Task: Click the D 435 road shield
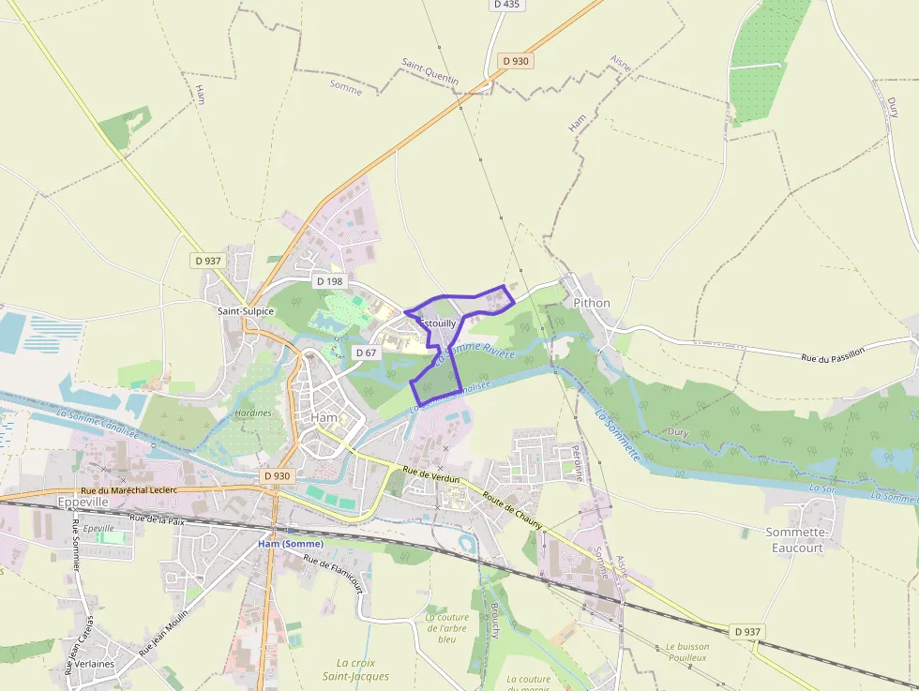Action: point(505,5)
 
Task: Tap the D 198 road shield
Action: point(329,281)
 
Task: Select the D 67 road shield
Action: point(366,353)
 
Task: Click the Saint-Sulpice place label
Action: point(246,311)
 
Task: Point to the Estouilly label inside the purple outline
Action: point(437,323)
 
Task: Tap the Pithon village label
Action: point(591,303)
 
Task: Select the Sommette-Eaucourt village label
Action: point(794,540)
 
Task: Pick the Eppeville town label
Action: point(84,503)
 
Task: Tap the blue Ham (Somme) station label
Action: point(291,544)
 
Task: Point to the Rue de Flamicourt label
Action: point(333,572)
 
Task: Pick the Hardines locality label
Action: point(253,413)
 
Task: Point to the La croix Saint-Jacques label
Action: point(355,669)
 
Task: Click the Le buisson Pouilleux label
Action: point(687,652)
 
